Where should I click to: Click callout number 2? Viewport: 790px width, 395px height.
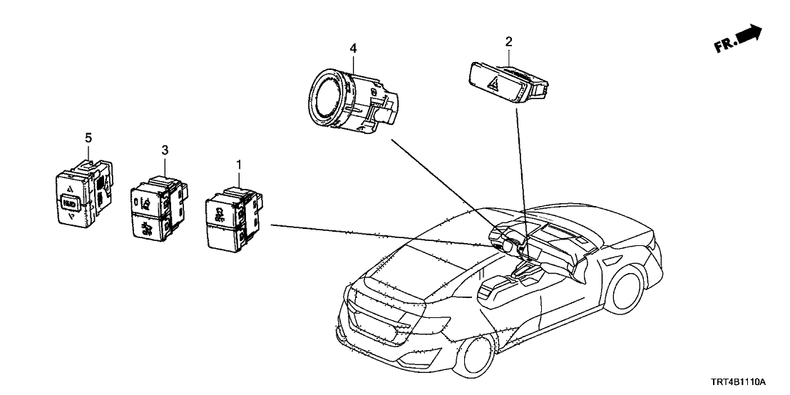(508, 41)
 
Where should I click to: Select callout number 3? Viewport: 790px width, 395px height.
(165, 150)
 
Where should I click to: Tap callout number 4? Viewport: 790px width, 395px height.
(352, 48)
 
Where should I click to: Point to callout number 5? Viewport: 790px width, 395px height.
(88, 136)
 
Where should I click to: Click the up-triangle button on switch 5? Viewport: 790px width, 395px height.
(70, 189)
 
